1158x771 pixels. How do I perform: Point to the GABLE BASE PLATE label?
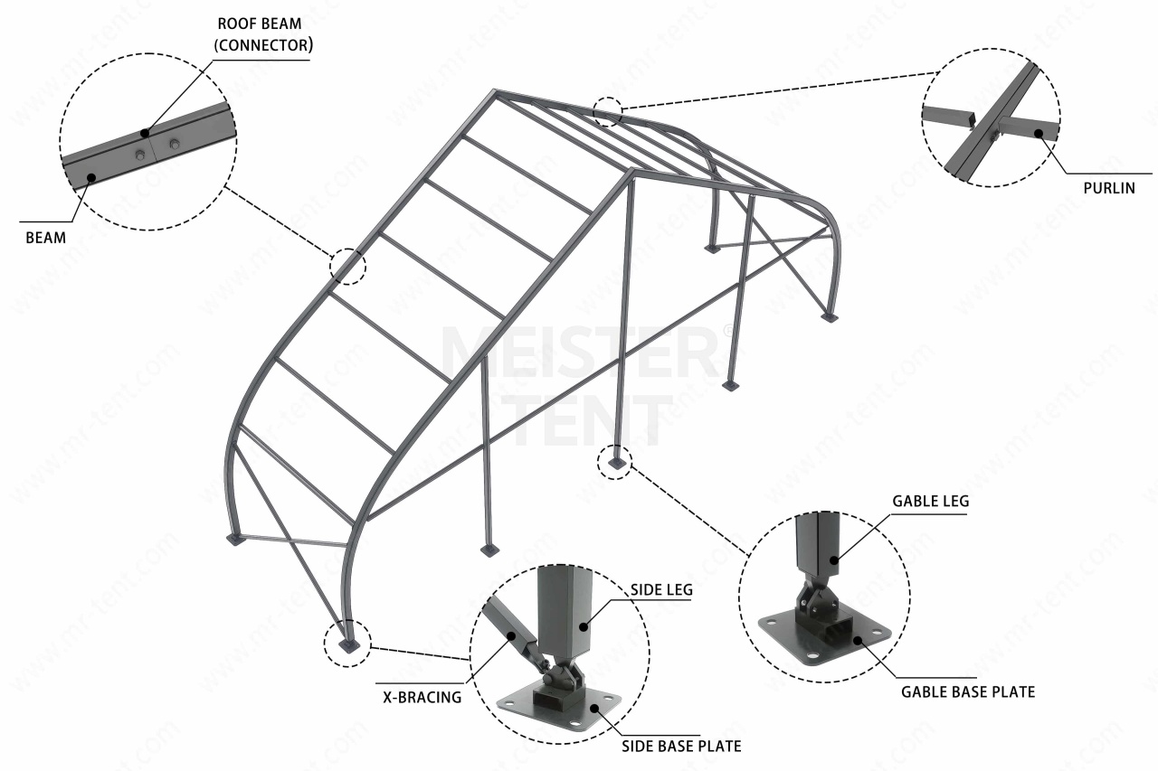click(x=967, y=692)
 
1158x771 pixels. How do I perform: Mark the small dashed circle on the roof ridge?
click(x=608, y=111)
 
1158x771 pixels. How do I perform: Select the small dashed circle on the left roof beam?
click(x=347, y=266)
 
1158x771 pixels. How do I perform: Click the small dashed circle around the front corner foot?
click(x=347, y=644)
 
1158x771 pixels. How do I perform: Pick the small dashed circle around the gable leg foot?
click(x=615, y=462)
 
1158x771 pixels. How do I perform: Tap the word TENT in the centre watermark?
click(x=593, y=420)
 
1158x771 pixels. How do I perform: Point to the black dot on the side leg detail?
click(x=585, y=625)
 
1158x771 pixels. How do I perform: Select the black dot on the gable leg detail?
click(x=835, y=560)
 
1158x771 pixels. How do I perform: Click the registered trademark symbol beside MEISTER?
click(x=730, y=332)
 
